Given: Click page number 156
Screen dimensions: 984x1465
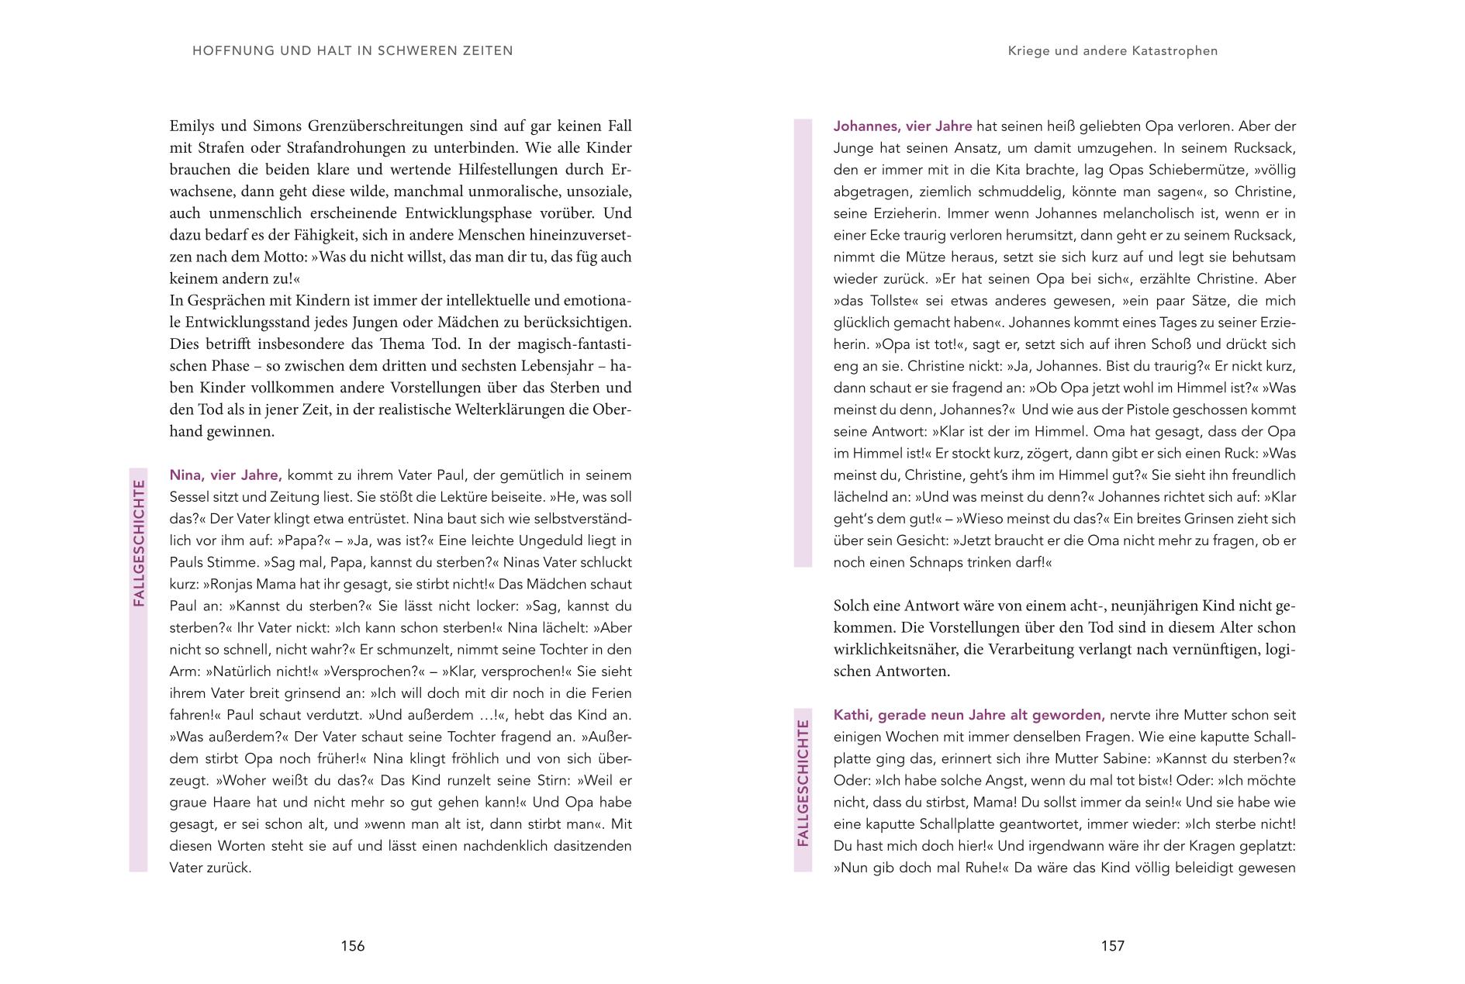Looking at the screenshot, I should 352,945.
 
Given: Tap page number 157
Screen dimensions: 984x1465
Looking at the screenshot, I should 1112,945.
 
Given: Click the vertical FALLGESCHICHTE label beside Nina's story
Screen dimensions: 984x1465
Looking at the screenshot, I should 139,543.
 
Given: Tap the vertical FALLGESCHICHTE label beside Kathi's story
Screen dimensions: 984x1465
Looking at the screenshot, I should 803,783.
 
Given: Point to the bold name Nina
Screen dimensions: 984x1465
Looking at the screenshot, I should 186,475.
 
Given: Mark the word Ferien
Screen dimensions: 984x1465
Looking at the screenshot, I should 610,693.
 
